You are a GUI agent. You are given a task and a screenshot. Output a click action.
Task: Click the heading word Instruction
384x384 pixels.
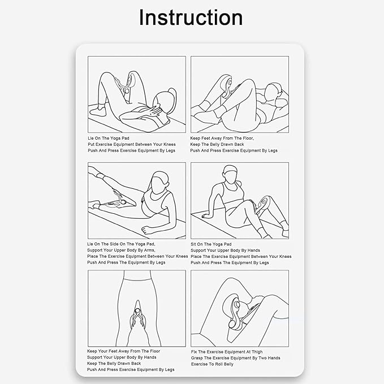(x=191, y=18)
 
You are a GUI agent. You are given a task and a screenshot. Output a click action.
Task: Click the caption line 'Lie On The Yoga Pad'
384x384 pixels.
(x=109, y=139)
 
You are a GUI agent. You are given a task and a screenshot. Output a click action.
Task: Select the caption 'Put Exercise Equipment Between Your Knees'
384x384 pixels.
(x=132, y=144)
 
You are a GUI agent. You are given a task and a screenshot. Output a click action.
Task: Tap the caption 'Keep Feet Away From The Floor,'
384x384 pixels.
(x=222, y=139)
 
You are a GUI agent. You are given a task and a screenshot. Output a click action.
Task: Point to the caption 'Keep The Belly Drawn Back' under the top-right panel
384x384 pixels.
(x=217, y=144)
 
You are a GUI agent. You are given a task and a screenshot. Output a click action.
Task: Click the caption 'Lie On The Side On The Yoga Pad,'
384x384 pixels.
(x=121, y=244)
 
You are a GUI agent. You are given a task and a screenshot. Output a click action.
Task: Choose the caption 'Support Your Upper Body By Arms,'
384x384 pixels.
(x=121, y=251)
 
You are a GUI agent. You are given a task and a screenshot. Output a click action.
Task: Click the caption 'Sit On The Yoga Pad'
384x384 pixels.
(x=211, y=244)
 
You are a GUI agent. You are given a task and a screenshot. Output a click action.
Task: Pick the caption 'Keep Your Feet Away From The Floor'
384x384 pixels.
(x=123, y=351)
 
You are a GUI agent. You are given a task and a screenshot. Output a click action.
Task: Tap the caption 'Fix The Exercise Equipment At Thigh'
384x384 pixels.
(x=227, y=352)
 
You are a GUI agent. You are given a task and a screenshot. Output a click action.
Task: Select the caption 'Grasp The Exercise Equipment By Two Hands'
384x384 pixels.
(x=236, y=358)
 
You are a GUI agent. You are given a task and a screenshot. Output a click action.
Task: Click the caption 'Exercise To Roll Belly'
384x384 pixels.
(x=212, y=364)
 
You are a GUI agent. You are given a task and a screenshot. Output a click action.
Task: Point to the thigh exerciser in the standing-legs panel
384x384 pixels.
(x=137, y=314)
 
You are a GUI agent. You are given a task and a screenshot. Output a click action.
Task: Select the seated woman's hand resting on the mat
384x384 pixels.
(x=205, y=215)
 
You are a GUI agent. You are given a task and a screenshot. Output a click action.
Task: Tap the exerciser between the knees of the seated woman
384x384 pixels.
(x=262, y=204)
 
